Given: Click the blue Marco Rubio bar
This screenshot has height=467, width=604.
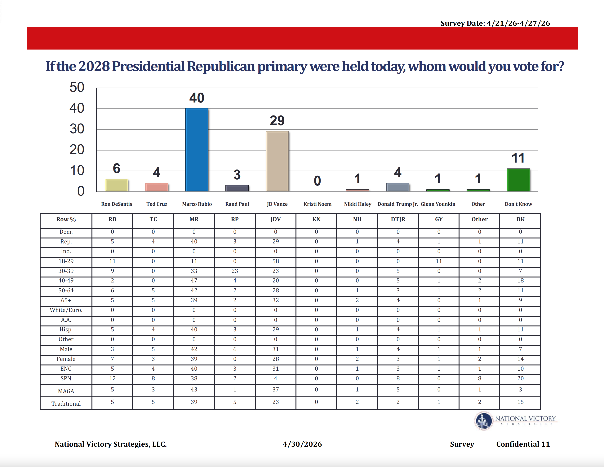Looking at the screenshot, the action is point(197,150).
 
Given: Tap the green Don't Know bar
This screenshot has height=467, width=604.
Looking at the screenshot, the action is point(518,180).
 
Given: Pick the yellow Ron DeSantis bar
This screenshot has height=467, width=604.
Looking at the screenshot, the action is point(116,185).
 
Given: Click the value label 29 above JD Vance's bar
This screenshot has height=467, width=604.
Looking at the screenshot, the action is point(277,120).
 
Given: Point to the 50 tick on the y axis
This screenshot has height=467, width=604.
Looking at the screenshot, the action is point(77,87).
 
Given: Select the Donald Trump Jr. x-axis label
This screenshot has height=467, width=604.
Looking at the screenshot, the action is point(398,204).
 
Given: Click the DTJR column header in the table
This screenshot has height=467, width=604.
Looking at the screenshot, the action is point(398,219).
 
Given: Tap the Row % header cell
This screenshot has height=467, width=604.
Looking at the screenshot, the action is point(66,219).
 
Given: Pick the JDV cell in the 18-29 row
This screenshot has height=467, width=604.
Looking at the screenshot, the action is point(275,261).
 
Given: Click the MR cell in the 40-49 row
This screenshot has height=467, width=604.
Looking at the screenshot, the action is point(194,281).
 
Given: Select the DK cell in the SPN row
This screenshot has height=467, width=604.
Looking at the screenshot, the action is point(520,378).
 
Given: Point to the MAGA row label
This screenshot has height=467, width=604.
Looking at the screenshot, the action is point(66,391).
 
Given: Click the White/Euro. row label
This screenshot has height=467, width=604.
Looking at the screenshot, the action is point(66,310).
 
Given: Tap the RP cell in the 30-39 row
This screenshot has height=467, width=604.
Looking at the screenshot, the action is point(235,271).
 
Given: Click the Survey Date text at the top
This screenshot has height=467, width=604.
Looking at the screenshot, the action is point(495,23).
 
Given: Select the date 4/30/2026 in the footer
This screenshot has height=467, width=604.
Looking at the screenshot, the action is point(302,444).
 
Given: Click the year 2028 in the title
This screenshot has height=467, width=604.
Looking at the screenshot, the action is point(94,66).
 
